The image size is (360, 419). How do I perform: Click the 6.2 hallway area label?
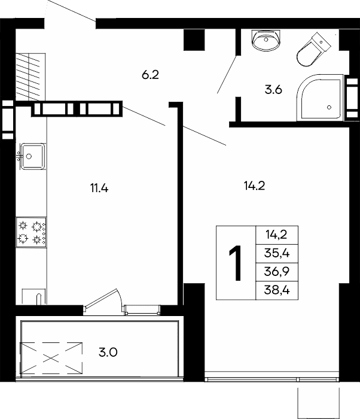click(x=150, y=75)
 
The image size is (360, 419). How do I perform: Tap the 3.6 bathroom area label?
click(x=273, y=90)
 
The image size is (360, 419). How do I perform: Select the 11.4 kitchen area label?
click(x=99, y=189)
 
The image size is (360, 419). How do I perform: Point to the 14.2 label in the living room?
click(x=254, y=186)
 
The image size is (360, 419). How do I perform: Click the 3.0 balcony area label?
click(x=108, y=353)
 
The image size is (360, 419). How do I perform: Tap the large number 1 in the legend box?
click(x=235, y=263)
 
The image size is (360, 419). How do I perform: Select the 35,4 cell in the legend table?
click(x=277, y=253)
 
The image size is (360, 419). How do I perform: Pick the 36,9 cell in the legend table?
click(x=277, y=272)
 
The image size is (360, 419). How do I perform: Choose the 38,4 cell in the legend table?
click(x=277, y=290)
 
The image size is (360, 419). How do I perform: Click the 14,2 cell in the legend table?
click(x=277, y=235)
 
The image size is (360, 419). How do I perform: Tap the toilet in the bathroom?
click(x=314, y=50)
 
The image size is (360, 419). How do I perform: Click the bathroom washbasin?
click(x=266, y=40)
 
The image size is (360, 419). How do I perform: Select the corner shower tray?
click(x=320, y=97)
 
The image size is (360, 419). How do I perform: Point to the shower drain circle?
click(x=329, y=107)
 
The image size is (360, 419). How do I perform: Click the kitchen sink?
click(x=32, y=156)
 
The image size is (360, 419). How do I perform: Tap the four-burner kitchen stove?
click(x=31, y=232)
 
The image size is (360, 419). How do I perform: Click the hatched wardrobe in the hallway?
click(x=30, y=77)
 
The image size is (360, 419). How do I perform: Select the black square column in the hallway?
click(x=194, y=40)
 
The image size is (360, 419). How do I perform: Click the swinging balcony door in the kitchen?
click(x=103, y=299)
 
